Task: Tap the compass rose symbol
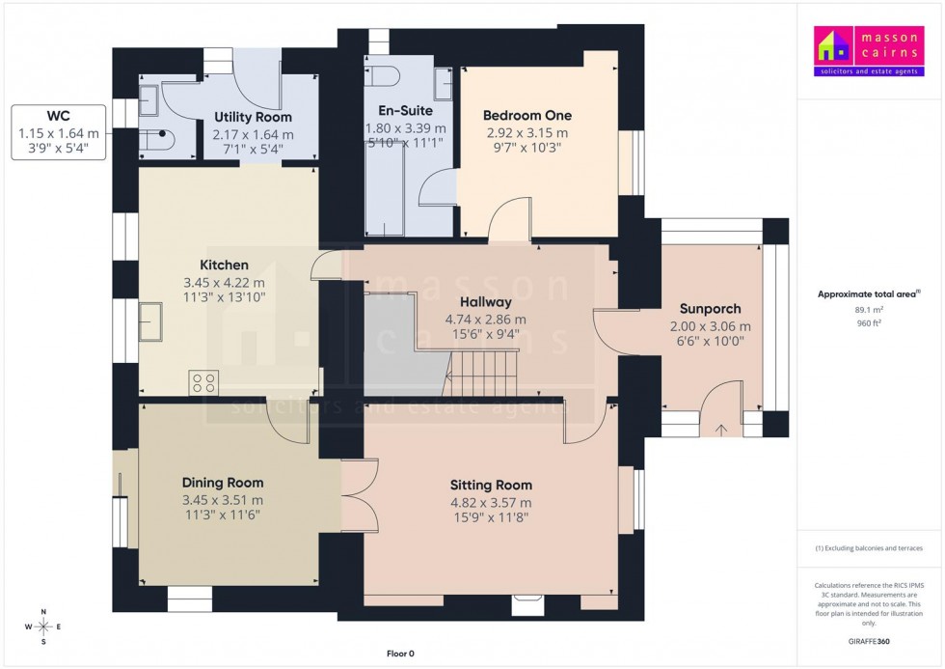pos(42,627)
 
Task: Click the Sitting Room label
pos(491,485)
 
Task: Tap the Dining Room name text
pos(223,483)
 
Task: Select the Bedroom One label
pos(526,116)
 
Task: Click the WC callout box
pos(59,134)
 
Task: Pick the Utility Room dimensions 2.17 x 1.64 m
pos(253,134)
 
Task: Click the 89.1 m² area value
pos(869,310)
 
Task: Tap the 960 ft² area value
pos(869,323)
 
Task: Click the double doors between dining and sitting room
pos(353,493)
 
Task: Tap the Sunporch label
pos(710,309)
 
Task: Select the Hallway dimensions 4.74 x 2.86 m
pos(485,320)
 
